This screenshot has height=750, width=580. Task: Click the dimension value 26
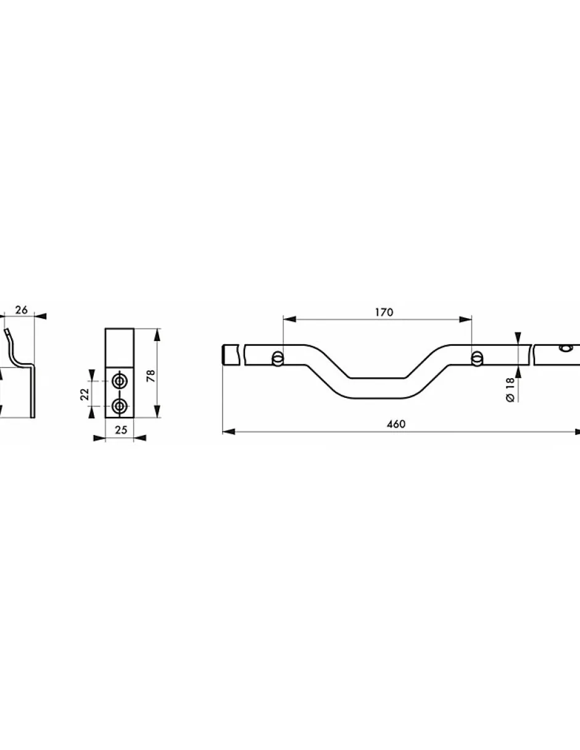pos(22,310)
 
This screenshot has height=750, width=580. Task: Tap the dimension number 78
pos(150,376)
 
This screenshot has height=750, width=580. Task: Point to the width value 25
pos(120,430)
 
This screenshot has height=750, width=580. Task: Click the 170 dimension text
pos(384,313)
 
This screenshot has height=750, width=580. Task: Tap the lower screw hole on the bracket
pos(120,405)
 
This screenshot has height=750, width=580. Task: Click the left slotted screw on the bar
pos(278,358)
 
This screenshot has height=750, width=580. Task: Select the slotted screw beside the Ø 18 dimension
pos(477,358)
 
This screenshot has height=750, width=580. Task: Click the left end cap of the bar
pos(231,355)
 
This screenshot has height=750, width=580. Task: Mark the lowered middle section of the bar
pos(378,386)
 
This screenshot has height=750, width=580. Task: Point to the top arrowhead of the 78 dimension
pos(158,334)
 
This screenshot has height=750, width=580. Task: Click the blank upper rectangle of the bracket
pos(120,348)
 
